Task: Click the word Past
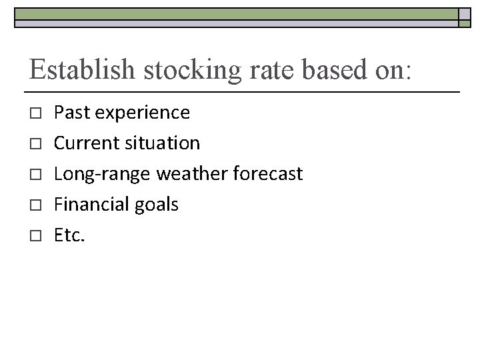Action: pyautogui.click(x=73, y=112)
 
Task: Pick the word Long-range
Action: pyautogui.click(x=102, y=174)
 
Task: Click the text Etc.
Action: pyautogui.click(x=69, y=235)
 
